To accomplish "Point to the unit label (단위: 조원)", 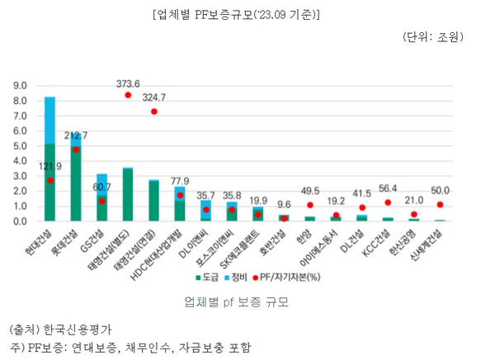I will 433,37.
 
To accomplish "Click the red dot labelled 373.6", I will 128,95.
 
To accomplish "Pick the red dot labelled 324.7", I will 153,111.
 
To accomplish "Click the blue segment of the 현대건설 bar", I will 50,120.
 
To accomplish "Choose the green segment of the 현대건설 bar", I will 50,182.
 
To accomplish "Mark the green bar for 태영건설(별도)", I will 128,195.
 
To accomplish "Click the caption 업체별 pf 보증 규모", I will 247,303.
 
